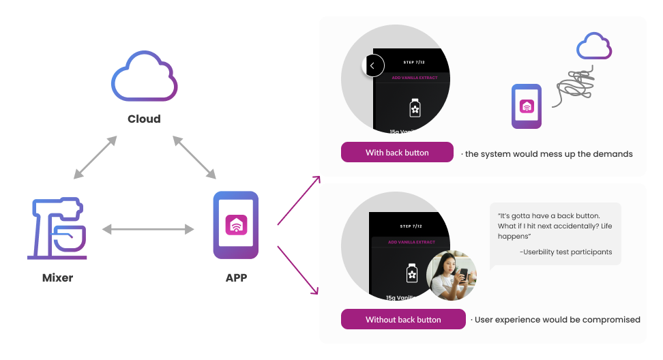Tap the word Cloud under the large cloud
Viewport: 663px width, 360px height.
pos(144,119)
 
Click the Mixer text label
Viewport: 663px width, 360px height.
pos(57,277)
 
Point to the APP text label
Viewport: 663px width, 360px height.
pos(236,277)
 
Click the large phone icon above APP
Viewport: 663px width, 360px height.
pos(236,225)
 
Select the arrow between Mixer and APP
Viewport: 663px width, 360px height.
pos(147,230)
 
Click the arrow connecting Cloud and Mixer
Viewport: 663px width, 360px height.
pos(95,157)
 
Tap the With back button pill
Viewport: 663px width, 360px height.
pos(397,153)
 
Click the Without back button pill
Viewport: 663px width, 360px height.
pos(403,319)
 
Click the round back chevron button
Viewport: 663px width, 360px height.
pos(372,65)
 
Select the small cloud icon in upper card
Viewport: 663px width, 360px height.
pos(593,46)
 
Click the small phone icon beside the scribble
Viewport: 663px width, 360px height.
pos(527,106)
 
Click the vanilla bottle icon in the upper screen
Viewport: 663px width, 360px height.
pos(413,108)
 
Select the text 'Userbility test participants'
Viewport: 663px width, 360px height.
pos(565,252)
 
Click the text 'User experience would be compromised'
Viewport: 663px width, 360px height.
pos(557,319)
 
